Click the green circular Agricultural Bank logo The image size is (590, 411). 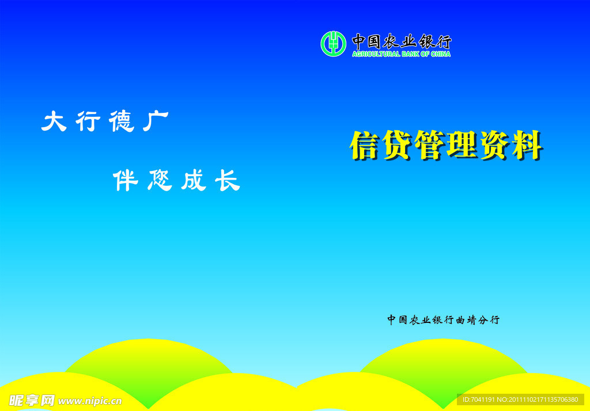click(333, 44)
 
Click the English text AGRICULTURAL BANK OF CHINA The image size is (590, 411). click(401, 54)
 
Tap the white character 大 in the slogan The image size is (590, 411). click(55, 121)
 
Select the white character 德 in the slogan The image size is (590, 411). click(122, 121)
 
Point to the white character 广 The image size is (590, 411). click(156, 121)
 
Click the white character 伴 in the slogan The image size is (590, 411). click(126, 181)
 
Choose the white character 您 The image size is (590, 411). click(160, 181)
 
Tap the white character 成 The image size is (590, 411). click(193, 181)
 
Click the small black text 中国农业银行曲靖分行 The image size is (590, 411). click(443, 320)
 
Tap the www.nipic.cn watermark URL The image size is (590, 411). click(90, 401)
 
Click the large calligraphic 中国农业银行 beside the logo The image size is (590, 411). click(402, 41)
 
